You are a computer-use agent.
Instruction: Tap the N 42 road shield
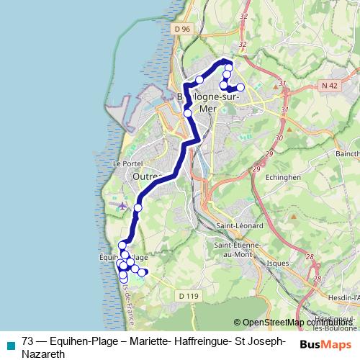(329, 85)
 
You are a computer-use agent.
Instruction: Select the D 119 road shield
(189, 295)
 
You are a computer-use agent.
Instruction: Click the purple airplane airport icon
(122, 206)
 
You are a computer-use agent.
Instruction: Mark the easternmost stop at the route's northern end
(240, 87)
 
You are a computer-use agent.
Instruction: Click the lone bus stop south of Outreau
(138, 208)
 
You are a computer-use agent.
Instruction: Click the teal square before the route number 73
(9, 343)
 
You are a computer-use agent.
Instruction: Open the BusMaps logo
(325, 343)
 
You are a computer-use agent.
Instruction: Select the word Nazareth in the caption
(44, 354)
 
